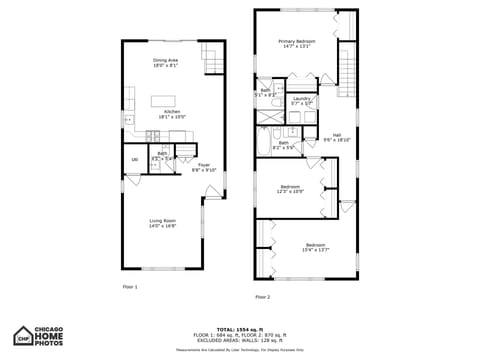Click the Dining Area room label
tap(166, 60)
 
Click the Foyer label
tap(204, 164)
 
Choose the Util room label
tap(134, 159)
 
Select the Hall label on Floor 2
tap(337, 134)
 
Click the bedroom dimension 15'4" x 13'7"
tap(315, 249)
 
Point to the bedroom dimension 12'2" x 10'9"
tap(290, 191)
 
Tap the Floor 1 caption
tap(130, 287)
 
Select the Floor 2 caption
tap(262, 296)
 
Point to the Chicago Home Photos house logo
tap(23, 334)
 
